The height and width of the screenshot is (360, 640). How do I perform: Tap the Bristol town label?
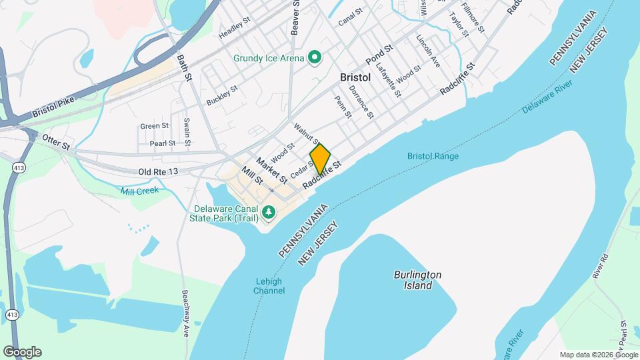tap(355, 77)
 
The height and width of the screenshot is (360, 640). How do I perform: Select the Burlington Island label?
tap(417, 280)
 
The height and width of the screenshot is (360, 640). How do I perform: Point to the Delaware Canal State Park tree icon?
tap(269, 213)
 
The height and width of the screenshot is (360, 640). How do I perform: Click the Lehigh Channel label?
tap(269, 286)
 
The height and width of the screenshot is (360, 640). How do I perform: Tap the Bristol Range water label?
tap(433, 157)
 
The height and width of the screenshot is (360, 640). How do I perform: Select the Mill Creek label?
tap(139, 191)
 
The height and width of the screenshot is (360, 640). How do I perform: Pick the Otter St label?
tap(56, 141)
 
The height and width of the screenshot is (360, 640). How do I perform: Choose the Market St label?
tap(271, 171)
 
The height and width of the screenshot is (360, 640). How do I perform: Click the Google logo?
tap(22, 352)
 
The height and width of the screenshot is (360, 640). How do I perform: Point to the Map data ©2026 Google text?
tap(598, 355)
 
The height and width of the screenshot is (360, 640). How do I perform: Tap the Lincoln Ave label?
tap(428, 51)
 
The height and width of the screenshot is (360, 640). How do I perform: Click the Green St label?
tap(154, 126)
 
